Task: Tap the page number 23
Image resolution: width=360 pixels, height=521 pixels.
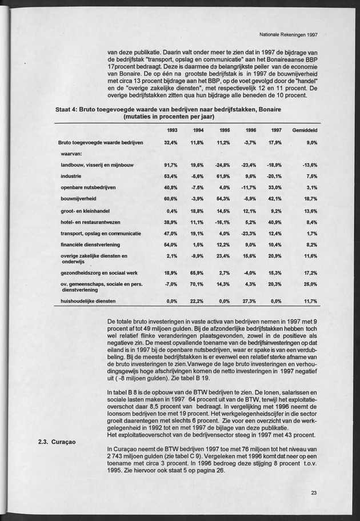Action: click(315, 494)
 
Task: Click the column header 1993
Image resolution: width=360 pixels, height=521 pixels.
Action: click(171, 131)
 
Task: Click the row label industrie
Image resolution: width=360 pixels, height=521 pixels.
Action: click(73, 176)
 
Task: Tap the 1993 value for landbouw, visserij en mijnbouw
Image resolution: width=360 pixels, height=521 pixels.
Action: click(171, 165)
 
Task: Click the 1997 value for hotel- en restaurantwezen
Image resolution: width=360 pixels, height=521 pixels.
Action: click(277, 222)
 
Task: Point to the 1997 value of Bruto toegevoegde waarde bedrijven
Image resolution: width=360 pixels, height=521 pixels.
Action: click(277, 142)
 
